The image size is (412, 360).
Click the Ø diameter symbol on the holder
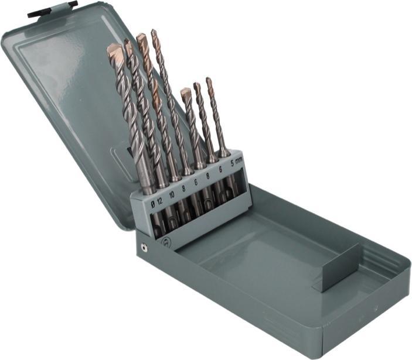coord(153,205)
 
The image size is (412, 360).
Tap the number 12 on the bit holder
coord(160,201)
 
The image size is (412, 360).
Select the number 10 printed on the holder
coord(172,195)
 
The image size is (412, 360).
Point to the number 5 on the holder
coord(232,164)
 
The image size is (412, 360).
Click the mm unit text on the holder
coord(239,162)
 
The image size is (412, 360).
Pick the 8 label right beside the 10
coord(183,188)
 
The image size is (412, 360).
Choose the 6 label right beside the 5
coord(220,170)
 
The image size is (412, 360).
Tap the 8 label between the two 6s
coord(208,176)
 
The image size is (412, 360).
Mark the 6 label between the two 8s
coord(196,182)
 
